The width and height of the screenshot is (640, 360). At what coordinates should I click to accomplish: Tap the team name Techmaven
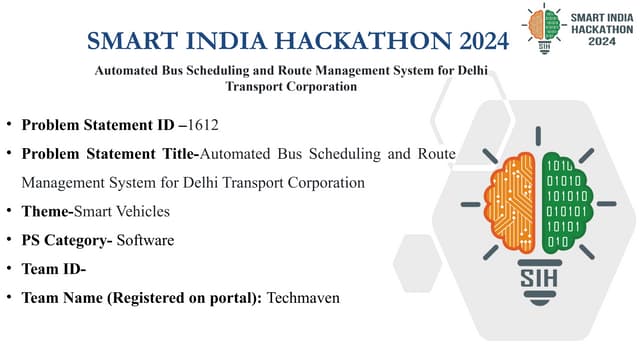pyautogui.click(x=303, y=298)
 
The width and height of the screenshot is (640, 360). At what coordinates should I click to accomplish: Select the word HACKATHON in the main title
pyautogui.click(x=351, y=42)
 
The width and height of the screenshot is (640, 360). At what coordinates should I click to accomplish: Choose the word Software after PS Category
pyautogui.click(x=146, y=240)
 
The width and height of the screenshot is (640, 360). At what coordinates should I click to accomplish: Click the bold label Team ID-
pyautogui.click(x=54, y=269)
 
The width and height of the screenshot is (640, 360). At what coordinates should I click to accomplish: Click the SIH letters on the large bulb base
pyautogui.click(x=537, y=279)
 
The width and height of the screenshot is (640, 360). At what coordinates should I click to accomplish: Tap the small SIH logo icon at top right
pyautogui.click(x=544, y=27)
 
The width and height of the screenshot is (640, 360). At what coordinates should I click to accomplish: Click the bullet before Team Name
pyautogui.click(x=9, y=298)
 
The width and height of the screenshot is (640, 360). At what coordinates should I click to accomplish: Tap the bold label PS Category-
pyautogui.click(x=67, y=240)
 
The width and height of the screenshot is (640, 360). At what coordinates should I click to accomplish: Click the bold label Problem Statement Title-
pyautogui.click(x=111, y=154)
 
